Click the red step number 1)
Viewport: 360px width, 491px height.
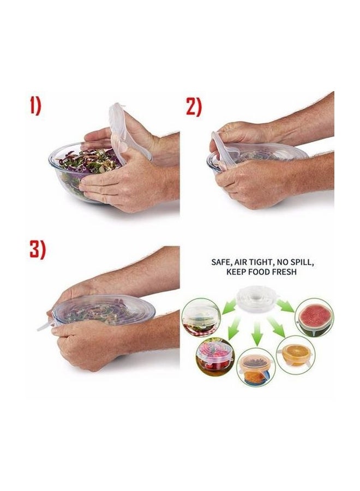[35, 106]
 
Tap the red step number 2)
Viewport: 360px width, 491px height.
[194, 106]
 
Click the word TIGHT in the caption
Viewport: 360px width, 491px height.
[262, 262]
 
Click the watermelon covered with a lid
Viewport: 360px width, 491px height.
[314, 317]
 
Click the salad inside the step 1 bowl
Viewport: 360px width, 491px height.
[93, 164]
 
